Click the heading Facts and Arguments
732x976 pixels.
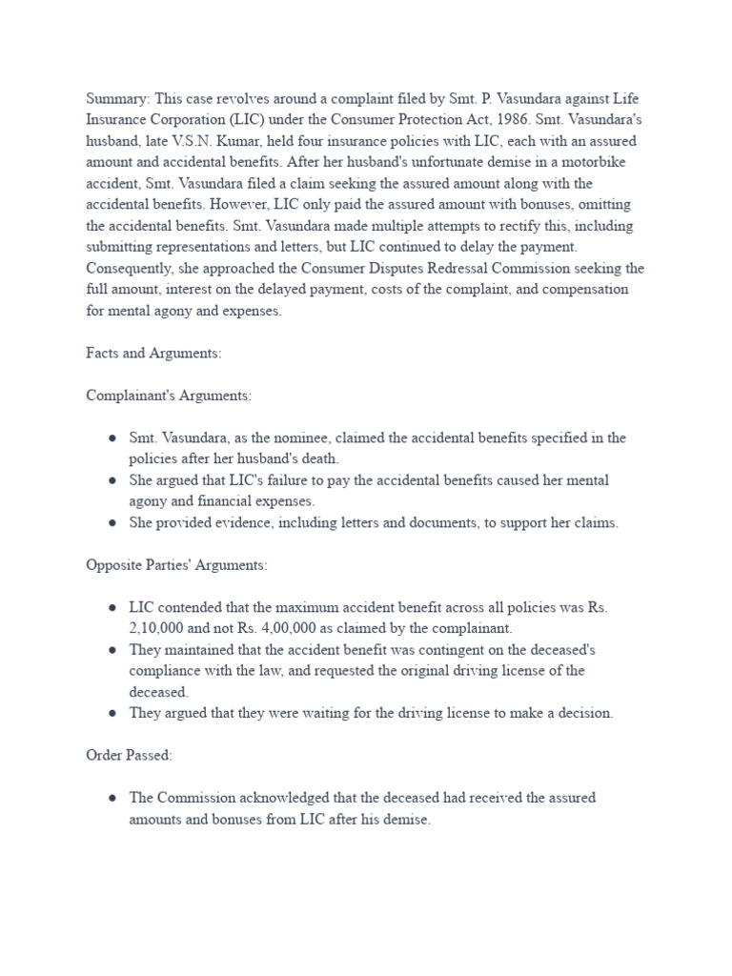[153, 353]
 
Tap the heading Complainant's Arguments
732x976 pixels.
[166, 395]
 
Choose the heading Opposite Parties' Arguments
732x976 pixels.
[177, 564]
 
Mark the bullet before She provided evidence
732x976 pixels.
[112, 522]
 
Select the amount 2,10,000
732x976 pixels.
[157, 628]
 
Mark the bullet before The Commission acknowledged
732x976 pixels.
[112, 798]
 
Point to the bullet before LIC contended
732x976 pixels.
[112, 607]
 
